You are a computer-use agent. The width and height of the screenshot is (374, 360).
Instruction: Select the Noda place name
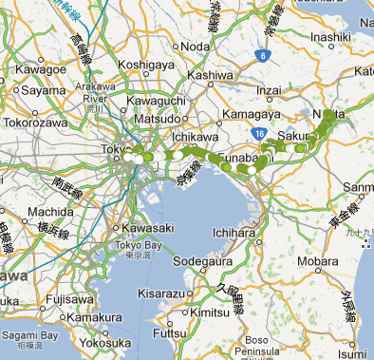tap(196, 47)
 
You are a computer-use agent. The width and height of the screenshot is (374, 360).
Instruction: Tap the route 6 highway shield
tap(262, 56)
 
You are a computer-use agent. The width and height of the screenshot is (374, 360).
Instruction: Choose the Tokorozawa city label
tap(34, 123)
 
